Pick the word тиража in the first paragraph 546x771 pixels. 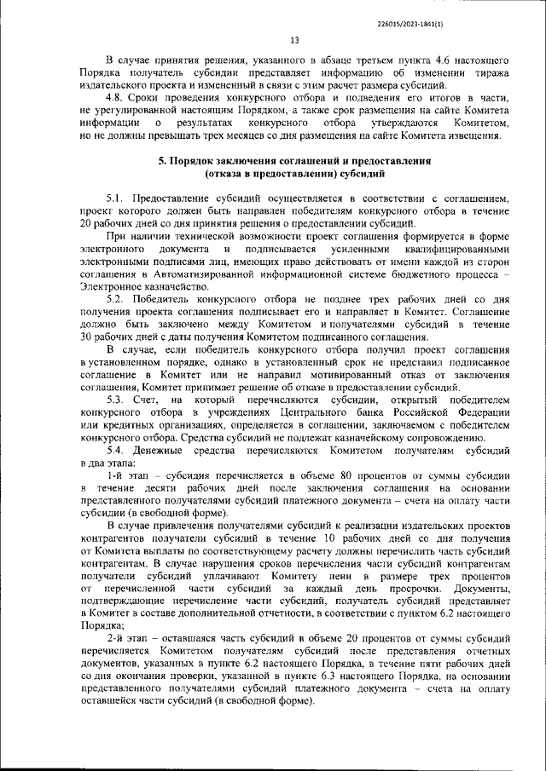pyautogui.click(x=493, y=73)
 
